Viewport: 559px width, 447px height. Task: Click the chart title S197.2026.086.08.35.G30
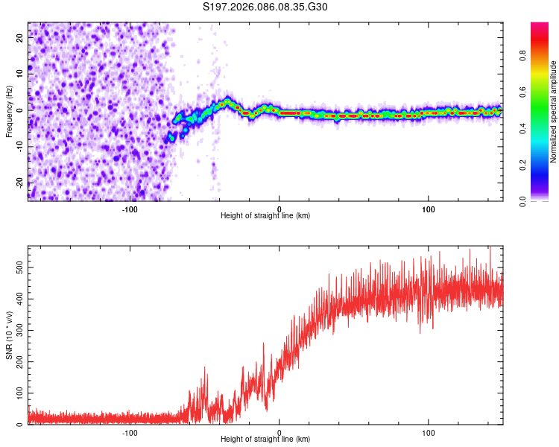(265, 7)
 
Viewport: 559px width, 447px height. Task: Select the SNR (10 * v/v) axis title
(9, 335)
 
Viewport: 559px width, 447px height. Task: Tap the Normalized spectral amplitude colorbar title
(554, 112)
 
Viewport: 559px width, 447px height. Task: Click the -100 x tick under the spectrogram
(130, 209)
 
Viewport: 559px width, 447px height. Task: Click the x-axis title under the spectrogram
(265, 216)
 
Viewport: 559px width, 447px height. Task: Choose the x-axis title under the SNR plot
(265, 440)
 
